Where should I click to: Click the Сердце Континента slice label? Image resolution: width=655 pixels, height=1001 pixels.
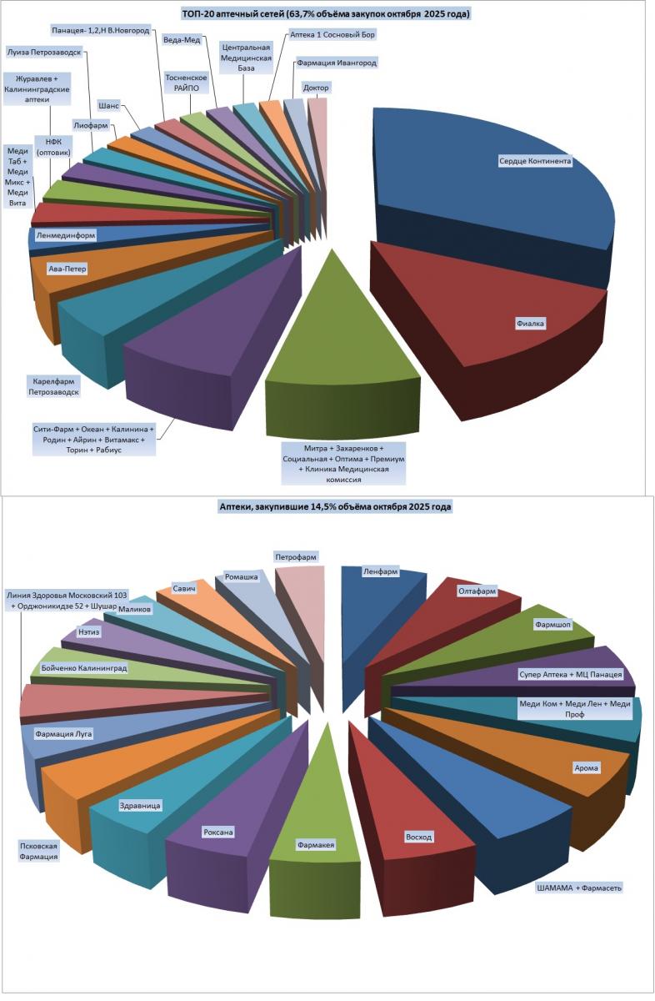coord(535,161)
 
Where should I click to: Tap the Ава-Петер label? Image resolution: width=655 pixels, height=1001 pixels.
coord(67,269)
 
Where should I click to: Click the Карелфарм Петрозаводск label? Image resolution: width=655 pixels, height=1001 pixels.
coord(52,385)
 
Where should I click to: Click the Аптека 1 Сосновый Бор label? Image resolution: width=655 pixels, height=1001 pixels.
coord(332,35)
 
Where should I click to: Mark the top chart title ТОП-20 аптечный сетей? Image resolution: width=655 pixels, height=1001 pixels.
coord(326,14)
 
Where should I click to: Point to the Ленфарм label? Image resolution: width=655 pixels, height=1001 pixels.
coord(381,572)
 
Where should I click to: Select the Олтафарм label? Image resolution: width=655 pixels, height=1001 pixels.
coord(477,591)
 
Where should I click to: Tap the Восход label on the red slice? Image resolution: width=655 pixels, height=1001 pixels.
coord(418,836)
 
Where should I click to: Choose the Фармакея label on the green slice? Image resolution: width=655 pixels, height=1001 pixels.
coord(316,845)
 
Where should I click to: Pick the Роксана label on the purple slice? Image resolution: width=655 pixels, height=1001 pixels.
coord(217,832)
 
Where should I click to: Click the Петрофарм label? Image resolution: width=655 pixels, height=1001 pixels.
coord(297,556)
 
